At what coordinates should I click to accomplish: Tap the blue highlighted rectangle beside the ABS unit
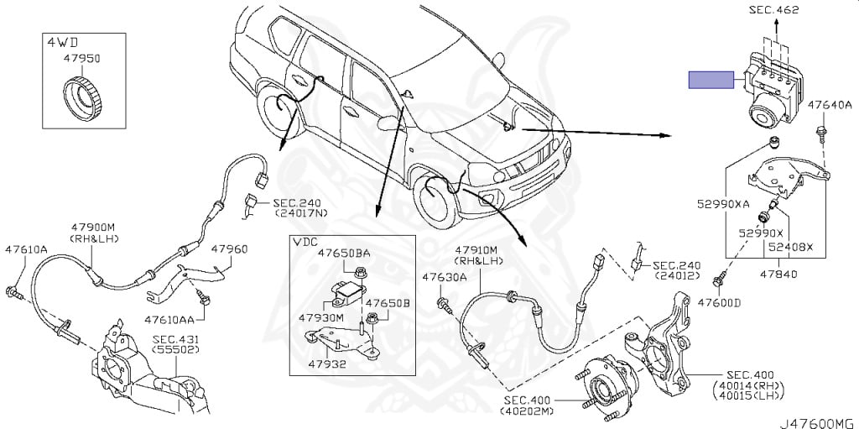[x=711, y=81]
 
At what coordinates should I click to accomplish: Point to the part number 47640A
[x=830, y=105]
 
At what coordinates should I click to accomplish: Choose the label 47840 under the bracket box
[x=779, y=273]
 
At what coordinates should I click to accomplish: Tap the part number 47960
[x=229, y=249]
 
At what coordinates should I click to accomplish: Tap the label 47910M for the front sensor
[x=476, y=249]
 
